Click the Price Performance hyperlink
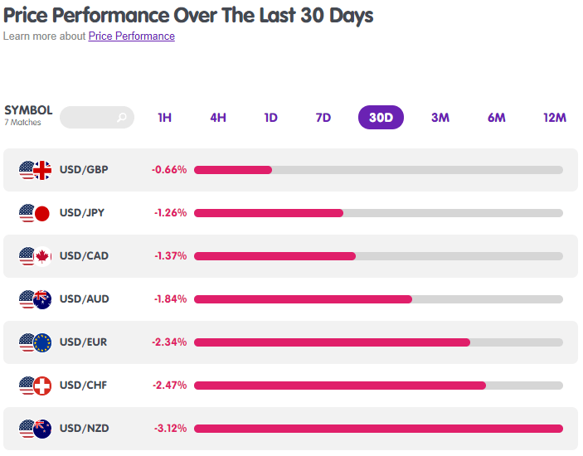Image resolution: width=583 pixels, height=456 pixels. [x=132, y=36]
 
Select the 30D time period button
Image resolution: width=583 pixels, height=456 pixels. [x=381, y=118]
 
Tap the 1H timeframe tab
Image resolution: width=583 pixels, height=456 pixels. [x=165, y=118]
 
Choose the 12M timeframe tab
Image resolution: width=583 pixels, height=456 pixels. [x=554, y=118]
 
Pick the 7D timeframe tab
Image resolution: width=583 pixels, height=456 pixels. [x=323, y=118]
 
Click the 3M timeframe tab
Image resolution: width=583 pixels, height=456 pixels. [x=440, y=118]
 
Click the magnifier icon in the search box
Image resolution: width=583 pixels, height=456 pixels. [x=122, y=118]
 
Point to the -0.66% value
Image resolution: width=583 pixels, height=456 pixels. [x=169, y=170]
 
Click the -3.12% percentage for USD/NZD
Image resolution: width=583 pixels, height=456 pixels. [x=170, y=429]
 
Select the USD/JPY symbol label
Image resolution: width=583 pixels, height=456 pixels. [x=82, y=213]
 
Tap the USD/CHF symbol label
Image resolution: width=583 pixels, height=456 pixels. [x=83, y=386]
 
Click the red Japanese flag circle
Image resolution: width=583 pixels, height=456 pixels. [x=42, y=214]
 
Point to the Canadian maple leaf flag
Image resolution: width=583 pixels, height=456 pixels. [x=42, y=256]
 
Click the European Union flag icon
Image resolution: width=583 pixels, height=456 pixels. [x=42, y=342]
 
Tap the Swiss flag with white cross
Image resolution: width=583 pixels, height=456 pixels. [x=42, y=386]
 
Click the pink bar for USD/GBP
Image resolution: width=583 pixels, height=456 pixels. [x=233, y=170]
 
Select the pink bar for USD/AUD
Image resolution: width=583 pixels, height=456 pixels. [x=303, y=299]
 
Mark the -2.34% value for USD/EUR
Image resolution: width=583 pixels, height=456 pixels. [x=169, y=342]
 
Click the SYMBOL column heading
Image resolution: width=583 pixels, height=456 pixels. [x=28, y=110]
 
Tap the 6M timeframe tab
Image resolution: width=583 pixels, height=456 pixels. [x=497, y=118]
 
